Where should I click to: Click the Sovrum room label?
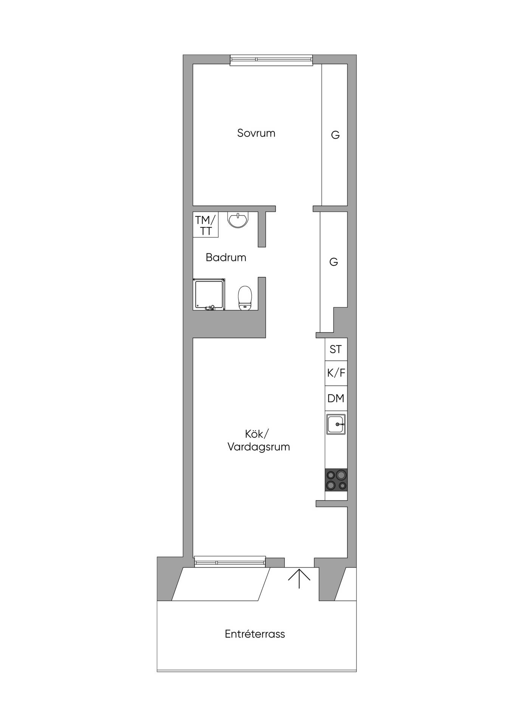pos(256,133)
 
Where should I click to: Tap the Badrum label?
pos(226,258)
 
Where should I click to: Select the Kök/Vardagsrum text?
pos(259,440)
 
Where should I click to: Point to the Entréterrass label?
pos(255,634)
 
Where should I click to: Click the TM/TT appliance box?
pos(206,225)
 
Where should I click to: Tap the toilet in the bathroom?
pos(245,298)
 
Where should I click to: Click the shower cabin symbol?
pos(209,295)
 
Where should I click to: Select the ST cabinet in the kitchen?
pos(336,349)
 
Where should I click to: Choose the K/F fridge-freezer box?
pos(336,373)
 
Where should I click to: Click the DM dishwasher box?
pos(336,399)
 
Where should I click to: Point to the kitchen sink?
pos(336,424)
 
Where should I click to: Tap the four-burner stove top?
pos(336,480)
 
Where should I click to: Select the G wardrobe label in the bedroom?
pos(335,135)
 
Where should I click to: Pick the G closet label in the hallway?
pos(333,262)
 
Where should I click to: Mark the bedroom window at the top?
pos(271,60)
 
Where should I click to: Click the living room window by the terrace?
pos(230,562)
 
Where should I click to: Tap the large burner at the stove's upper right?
pos(341,475)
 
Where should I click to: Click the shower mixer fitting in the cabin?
pos(210,308)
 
